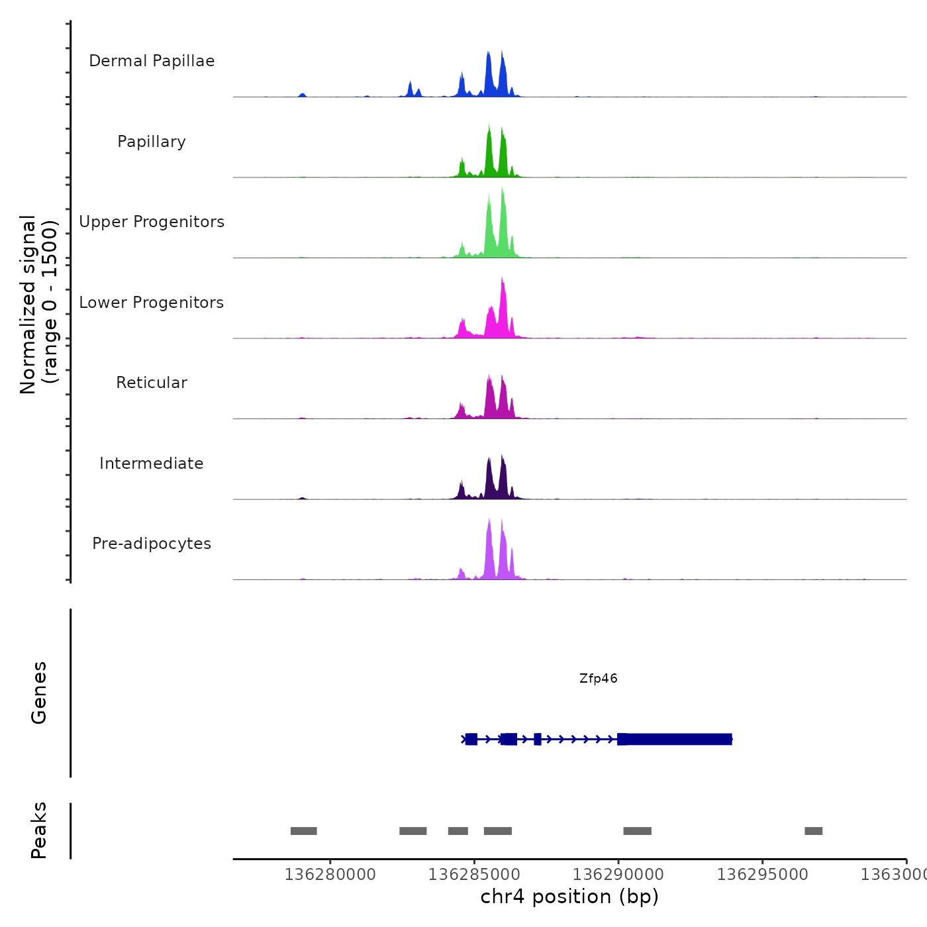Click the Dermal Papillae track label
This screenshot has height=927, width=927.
pyautogui.click(x=152, y=61)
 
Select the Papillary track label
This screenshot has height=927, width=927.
pyautogui.click(x=152, y=142)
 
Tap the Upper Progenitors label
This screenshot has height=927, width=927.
pyautogui.click(x=152, y=222)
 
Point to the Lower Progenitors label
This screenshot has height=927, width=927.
pyautogui.click(x=152, y=303)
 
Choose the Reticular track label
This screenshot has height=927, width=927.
pyautogui.click(x=152, y=383)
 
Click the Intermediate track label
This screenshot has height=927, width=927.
pyautogui.click(x=152, y=463)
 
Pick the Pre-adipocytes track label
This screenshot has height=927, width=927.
pyautogui.click(x=152, y=544)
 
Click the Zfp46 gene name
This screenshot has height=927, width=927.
pyautogui.click(x=598, y=679)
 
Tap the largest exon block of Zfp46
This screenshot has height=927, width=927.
pyautogui.click(x=675, y=739)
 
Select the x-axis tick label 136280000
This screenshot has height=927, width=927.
pyautogui.click(x=330, y=875)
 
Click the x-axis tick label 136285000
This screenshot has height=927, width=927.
pyautogui.click(x=474, y=875)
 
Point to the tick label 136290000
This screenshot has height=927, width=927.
pyautogui.click(x=618, y=875)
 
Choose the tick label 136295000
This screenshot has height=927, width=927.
pyautogui.click(x=762, y=875)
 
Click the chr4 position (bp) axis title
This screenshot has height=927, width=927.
pyautogui.click(x=569, y=897)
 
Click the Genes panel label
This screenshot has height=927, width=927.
pyautogui.click(x=39, y=693)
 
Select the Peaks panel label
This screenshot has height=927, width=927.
pyautogui.click(x=39, y=830)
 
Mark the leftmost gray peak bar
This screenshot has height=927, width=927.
pyautogui.click(x=304, y=831)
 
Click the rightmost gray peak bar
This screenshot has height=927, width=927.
pyautogui.click(x=813, y=831)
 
